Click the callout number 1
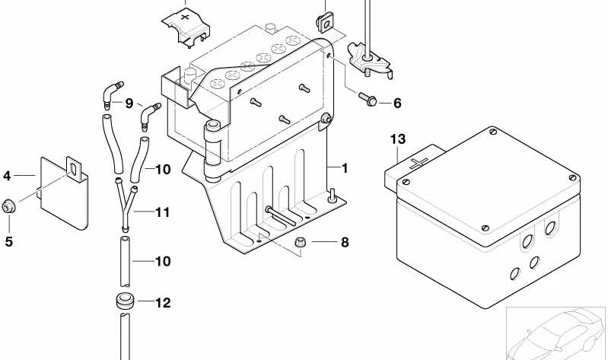tap(345, 167)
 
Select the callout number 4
tap(8, 176)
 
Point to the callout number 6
tap(396, 103)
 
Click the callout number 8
tap(345, 243)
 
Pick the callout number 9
tap(129, 103)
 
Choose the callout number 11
tap(163, 212)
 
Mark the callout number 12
tap(163, 303)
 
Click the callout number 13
tap(399, 139)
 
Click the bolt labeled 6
tap(369, 100)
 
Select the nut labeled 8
tap(301, 243)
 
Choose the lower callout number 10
tap(163, 261)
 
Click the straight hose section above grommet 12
tap(124, 260)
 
